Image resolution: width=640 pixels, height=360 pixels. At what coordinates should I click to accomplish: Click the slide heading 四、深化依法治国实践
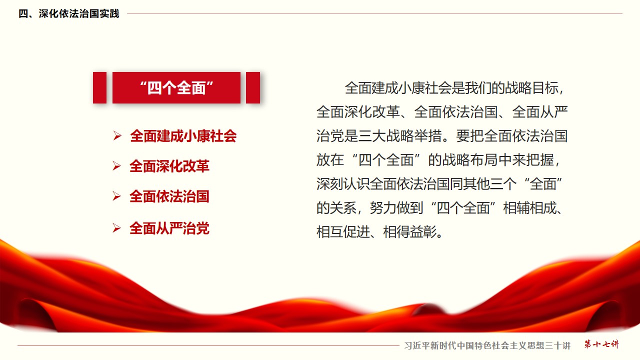click(x=69, y=13)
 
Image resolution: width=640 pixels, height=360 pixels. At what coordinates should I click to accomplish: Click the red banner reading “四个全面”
click(x=176, y=87)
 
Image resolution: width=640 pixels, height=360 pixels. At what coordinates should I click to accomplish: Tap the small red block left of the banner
click(x=99, y=87)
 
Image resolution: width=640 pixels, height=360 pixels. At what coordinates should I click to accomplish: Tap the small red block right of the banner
click(x=253, y=87)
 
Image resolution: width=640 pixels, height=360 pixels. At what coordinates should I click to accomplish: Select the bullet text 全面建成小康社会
click(x=183, y=136)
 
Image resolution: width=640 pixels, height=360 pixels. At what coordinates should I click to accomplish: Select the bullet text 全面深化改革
click(x=169, y=166)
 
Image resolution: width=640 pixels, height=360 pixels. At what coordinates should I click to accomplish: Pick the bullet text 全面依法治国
click(x=169, y=196)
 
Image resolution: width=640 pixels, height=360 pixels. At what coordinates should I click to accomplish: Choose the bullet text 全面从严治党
click(x=169, y=228)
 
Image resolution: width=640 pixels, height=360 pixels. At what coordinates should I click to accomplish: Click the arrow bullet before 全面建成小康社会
click(x=117, y=135)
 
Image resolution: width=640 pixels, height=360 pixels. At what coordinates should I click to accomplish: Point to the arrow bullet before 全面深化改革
click(x=116, y=166)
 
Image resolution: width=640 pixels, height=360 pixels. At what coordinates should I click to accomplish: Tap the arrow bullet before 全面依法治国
click(x=116, y=196)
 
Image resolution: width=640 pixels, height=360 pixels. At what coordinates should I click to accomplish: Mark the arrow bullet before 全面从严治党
click(x=116, y=228)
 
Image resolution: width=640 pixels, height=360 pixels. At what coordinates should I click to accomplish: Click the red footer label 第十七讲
click(x=601, y=344)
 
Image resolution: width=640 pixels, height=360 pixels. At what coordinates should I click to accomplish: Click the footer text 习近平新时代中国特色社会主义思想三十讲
click(x=487, y=345)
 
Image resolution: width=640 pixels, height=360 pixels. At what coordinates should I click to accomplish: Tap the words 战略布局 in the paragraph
click(x=469, y=160)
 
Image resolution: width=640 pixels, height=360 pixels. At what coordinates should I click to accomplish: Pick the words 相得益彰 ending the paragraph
click(x=410, y=232)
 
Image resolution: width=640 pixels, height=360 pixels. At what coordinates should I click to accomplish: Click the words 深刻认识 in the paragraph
click(x=343, y=184)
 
